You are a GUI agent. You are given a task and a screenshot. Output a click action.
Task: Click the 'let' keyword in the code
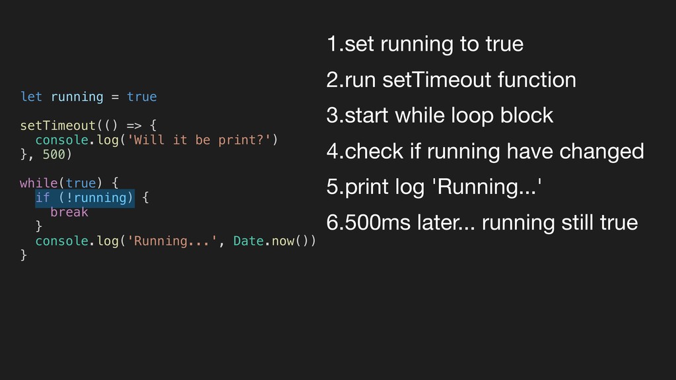[x=31, y=97]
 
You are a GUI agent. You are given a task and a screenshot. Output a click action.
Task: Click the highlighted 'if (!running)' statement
[x=84, y=197]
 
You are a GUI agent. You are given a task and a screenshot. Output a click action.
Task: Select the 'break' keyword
[x=69, y=212]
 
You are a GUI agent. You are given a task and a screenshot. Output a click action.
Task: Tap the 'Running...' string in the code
[x=175, y=241]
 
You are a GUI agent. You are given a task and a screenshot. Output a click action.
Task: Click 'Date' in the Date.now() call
[x=249, y=241]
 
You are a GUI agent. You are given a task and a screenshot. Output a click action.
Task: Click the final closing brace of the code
[x=24, y=255]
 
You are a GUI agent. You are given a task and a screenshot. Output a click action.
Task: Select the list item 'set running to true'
[x=424, y=45]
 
